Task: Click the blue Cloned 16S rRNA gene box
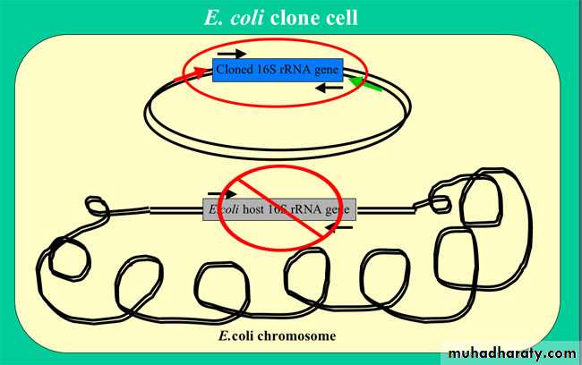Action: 278,70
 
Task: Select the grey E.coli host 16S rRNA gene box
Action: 279,209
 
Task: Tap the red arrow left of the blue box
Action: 191,74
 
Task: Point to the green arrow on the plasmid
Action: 365,84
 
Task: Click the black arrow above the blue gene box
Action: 232,54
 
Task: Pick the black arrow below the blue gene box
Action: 330,88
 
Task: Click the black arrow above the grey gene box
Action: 222,193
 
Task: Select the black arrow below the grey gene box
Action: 338,227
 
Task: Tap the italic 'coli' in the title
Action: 247,18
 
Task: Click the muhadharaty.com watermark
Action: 512,353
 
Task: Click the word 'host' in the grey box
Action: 254,209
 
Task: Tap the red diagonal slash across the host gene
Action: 280,208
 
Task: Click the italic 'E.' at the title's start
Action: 214,18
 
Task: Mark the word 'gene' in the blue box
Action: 327,70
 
